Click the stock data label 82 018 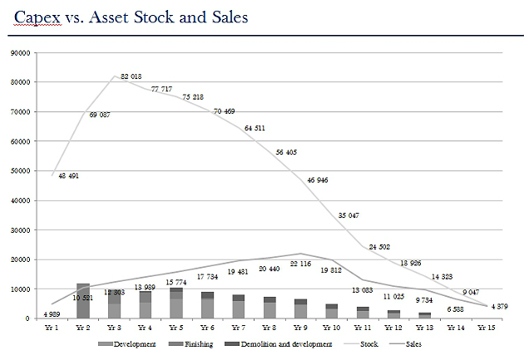tap(131, 76)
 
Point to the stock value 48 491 tap(68, 176)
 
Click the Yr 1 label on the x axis tap(52, 327)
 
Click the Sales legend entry tap(420, 343)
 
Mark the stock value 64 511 tap(254, 128)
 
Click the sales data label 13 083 tap(363, 290)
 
